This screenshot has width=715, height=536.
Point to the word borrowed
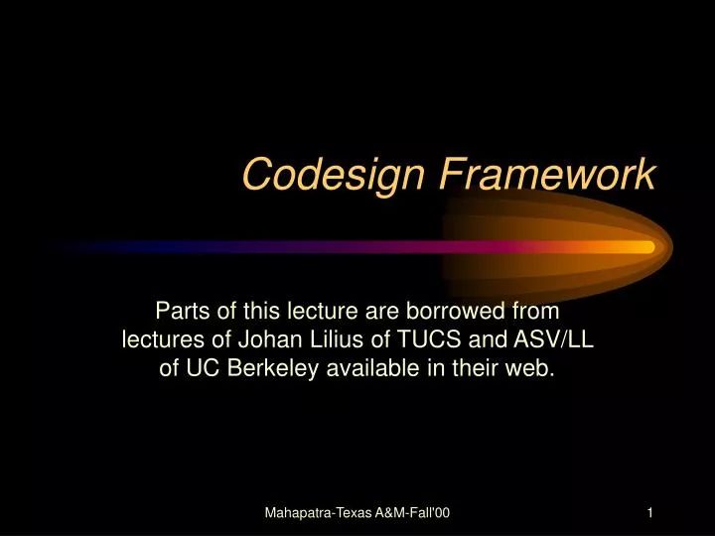480,311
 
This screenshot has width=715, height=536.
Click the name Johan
267,339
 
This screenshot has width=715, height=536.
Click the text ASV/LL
552,339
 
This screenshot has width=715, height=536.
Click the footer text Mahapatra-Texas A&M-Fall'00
357,512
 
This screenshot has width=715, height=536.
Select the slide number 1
648,512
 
